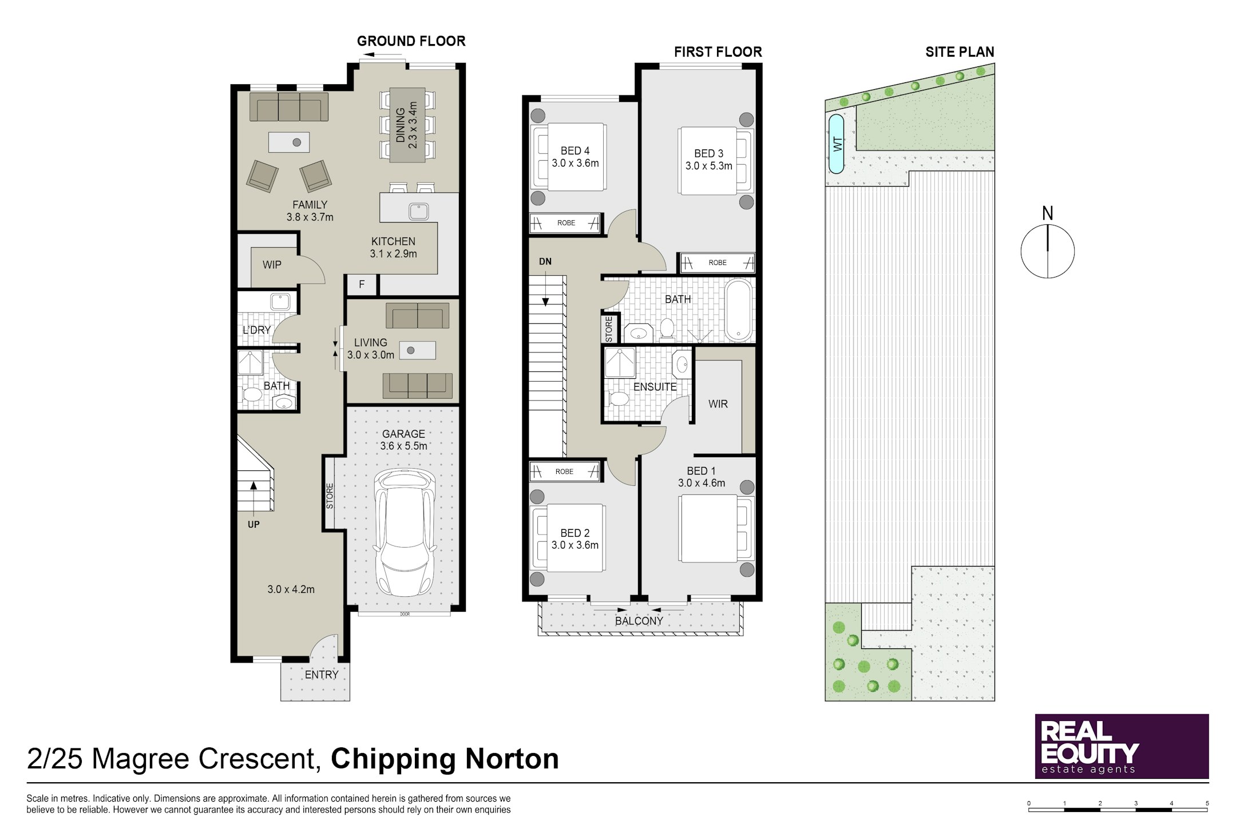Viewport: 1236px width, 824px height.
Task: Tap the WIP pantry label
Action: click(x=272, y=265)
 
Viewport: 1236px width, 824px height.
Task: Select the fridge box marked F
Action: click(x=362, y=284)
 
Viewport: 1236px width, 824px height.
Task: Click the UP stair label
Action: click(x=253, y=524)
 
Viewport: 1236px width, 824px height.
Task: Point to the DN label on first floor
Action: click(x=545, y=262)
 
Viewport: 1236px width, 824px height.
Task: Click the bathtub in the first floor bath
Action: click(x=739, y=310)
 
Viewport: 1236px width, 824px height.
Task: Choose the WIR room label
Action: click(x=718, y=404)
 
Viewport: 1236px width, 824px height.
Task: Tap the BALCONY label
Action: click(x=639, y=621)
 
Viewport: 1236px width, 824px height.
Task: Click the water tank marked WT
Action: click(x=836, y=144)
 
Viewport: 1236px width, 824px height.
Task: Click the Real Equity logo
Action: click(x=1122, y=746)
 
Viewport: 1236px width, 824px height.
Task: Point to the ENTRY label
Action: click(x=322, y=675)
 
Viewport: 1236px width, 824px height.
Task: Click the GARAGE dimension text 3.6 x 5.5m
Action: click(x=404, y=446)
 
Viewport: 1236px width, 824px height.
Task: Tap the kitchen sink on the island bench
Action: click(x=419, y=211)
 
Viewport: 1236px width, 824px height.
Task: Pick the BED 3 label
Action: click(x=709, y=153)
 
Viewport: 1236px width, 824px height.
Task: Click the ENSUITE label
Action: click(x=655, y=387)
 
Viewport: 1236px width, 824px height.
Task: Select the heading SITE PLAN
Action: click(x=960, y=52)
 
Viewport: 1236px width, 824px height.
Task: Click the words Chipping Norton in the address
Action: click(x=445, y=759)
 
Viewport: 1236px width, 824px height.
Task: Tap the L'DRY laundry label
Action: click(x=256, y=330)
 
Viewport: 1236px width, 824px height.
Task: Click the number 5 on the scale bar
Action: click(x=1207, y=803)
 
